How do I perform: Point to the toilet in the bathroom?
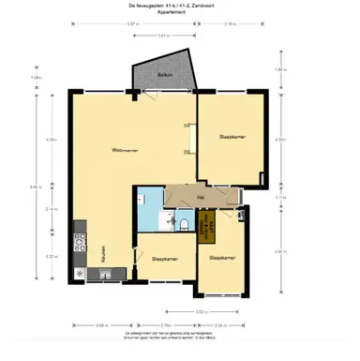click(x=186, y=224)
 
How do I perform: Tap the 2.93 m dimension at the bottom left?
click(x=100, y=324)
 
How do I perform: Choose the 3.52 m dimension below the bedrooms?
click(x=200, y=311)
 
